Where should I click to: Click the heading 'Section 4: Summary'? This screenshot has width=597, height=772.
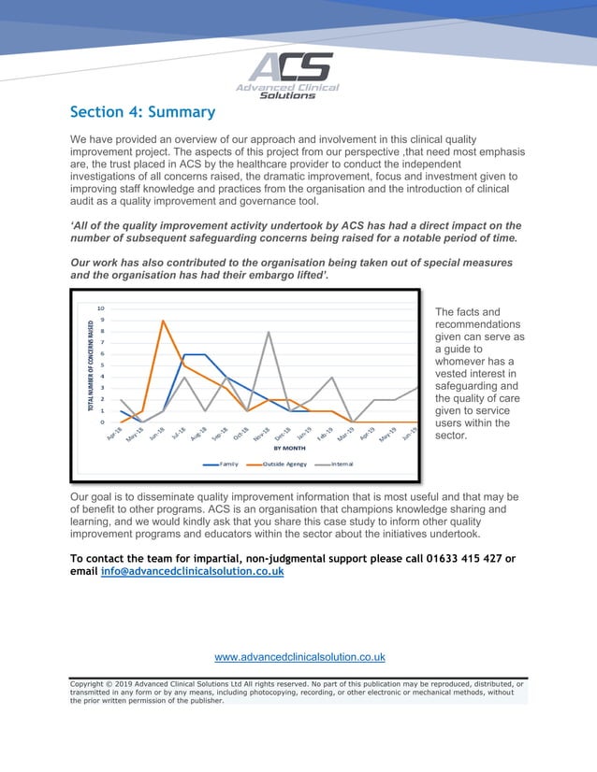point(142,113)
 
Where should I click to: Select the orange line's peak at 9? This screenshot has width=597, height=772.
point(163,321)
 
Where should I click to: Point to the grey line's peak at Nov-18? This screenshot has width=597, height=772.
point(269,332)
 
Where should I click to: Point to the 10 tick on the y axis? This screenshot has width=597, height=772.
point(101,308)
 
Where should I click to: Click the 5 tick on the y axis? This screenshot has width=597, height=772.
point(101,365)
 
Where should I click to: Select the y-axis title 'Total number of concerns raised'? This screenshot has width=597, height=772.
point(90,366)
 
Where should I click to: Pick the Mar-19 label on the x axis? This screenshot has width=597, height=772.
point(347,436)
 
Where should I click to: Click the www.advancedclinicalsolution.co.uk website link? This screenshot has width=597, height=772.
point(299,657)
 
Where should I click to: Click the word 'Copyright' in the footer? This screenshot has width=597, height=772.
point(92,684)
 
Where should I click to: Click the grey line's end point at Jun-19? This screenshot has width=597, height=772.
point(418,387)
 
